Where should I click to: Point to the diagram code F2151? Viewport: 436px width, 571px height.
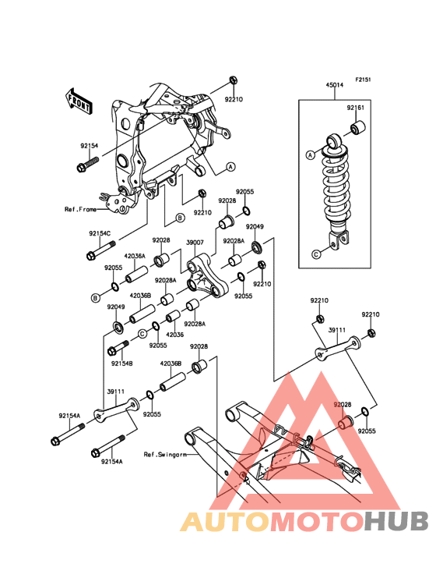point(363,80)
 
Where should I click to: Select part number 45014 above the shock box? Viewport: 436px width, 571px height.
point(334,85)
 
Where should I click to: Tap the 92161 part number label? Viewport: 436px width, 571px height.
point(355,108)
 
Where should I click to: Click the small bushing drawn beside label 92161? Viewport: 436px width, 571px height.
point(358,126)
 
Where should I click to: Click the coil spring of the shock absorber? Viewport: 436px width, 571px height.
point(336,186)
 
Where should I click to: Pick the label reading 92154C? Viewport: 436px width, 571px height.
point(100,233)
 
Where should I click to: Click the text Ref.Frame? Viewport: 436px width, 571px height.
point(81,209)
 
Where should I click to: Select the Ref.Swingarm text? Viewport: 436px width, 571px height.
point(165,455)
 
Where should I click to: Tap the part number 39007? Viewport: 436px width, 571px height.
point(195,243)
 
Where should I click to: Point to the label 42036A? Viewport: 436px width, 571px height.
point(135,257)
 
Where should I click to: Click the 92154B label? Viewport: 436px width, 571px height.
point(122,364)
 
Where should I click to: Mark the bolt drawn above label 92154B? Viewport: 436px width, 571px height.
point(118,348)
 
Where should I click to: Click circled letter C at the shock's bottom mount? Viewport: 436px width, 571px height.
point(316,254)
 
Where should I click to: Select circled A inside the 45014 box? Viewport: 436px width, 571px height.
point(310,155)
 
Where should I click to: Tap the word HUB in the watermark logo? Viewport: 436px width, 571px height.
point(397,521)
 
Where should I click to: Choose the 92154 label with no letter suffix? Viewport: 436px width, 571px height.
point(90,146)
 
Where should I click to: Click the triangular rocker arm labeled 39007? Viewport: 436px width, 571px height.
point(207,278)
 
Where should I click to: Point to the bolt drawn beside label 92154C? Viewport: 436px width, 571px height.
point(101,250)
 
